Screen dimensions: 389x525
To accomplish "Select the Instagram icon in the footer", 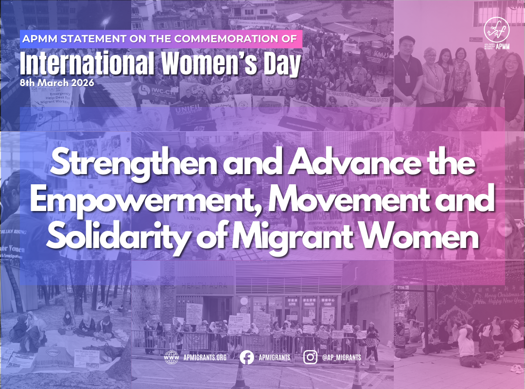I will pos(310,357).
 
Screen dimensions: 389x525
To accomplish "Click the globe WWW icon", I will pos(171,357).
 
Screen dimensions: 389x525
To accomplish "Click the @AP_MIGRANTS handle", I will pos(342,358).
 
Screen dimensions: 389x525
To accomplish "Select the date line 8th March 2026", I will pos(57,83).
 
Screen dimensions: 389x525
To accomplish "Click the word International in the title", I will pos(81,65).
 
